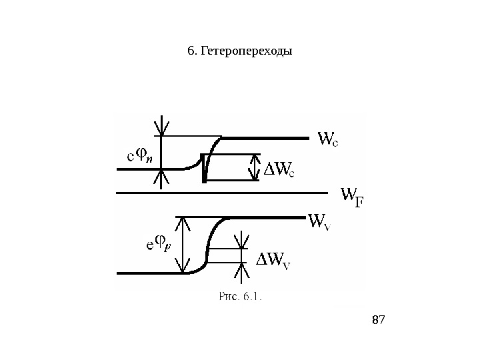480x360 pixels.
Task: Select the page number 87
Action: pos(378,321)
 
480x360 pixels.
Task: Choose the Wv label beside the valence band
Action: pos(319,221)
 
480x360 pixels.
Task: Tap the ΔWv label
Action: pos(274,259)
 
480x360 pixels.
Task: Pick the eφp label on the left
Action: pos(159,245)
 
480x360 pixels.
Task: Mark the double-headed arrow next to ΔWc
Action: pos(253,167)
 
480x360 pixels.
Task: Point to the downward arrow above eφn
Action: pos(161,126)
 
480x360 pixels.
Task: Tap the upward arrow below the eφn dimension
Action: pos(161,179)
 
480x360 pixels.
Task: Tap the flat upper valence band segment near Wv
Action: pos(267,217)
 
